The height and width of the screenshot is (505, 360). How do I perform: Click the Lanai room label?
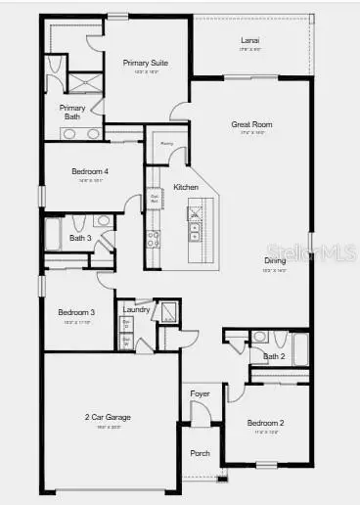pyautogui.click(x=250, y=40)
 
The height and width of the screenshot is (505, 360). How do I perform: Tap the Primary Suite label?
pyautogui.click(x=146, y=63)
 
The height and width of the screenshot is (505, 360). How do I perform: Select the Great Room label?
pyautogui.click(x=251, y=124)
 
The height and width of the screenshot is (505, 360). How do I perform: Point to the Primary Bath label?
pyautogui.click(x=72, y=112)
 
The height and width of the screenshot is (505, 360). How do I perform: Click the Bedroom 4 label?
pyautogui.click(x=89, y=171)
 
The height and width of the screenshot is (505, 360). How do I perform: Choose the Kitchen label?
pyautogui.click(x=186, y=187)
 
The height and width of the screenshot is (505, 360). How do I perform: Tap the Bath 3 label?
pyautogui.click(x=80, y=237)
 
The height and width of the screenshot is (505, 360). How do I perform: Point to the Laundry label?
pyautogui.click(x=136, y=309)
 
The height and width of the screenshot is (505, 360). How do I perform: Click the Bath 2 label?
pyautogui.click(x=273, y=356)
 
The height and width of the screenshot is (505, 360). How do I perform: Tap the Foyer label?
pyautogui.click(x=200, y=393)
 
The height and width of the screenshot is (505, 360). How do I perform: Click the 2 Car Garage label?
pyautogui.click(x=107, y=417)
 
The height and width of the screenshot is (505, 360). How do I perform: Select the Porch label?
pyautogui.click(x=200, y=453)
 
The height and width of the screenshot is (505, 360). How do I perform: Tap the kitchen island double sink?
pyautogui.click(x=194, y=232)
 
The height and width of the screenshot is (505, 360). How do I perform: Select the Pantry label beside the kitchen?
pyautogui.click(x=167, y=144)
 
